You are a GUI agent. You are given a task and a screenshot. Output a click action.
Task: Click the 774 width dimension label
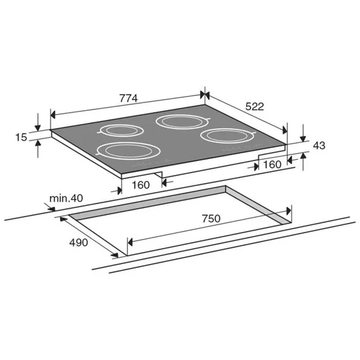128,99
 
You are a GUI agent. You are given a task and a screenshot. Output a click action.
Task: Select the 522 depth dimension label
255,106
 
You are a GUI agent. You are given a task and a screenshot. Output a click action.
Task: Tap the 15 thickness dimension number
21,137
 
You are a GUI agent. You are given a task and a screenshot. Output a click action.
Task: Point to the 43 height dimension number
319,146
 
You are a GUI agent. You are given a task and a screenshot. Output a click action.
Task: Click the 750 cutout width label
211,218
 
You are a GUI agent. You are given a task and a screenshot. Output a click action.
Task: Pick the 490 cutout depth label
79,242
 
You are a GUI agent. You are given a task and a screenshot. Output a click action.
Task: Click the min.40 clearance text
66,198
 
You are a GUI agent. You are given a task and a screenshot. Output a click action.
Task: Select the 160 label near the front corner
141,185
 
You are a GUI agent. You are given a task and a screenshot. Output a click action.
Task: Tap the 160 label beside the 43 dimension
272,165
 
